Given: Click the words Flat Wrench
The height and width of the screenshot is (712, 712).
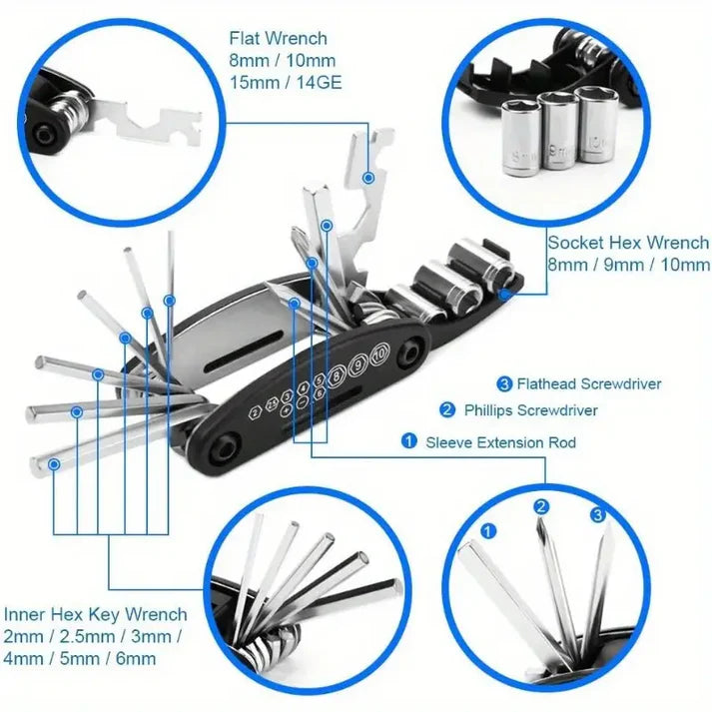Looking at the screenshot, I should click(278, 39).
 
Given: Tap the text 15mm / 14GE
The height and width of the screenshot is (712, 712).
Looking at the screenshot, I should click(285, 83).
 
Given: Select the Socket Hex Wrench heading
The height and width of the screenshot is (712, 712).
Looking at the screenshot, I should click(628, 243).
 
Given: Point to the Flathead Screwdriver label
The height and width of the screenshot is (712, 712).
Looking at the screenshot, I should click(587, 383).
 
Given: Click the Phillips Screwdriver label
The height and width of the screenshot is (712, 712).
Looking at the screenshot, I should click(531, 410).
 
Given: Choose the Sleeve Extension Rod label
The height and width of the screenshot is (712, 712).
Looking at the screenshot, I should click(500, 441).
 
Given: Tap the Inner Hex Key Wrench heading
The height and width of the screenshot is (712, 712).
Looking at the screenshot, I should click(95, 614).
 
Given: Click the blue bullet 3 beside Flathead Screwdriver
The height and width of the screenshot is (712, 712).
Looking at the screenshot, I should click(504, 383).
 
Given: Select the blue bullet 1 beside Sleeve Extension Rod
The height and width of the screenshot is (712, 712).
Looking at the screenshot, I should click(409, 441).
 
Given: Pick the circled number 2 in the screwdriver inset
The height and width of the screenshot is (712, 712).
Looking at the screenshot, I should click(541, 507).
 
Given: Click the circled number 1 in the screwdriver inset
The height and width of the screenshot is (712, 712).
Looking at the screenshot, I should click(488, 531).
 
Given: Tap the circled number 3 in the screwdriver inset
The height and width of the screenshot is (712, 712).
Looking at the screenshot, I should click(597, 515).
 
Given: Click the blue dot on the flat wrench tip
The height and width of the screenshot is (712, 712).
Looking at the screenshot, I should click(368, 177).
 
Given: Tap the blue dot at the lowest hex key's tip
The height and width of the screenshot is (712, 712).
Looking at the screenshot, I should click(52, 463).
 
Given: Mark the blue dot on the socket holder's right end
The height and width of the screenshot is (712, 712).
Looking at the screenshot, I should click(505, 294).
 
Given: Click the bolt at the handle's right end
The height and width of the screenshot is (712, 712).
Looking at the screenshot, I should click(409, 355).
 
